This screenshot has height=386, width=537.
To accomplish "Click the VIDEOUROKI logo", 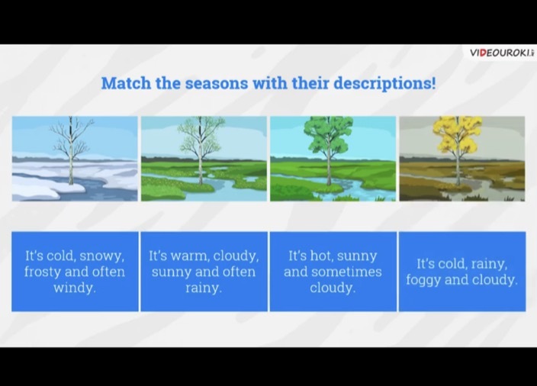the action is coord(502,53).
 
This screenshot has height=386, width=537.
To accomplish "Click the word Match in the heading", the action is coord(126,83).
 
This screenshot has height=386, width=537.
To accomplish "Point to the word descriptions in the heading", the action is coord(384,84).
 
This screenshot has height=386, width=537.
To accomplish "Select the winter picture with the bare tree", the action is coord(75,159).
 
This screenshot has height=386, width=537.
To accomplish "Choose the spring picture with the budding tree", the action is coord(204,159).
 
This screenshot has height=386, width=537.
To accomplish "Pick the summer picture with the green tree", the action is coord(333,159).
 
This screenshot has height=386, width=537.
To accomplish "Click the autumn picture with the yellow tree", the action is coord(462,159).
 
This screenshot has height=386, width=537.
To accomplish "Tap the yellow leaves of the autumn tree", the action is coord(458,134).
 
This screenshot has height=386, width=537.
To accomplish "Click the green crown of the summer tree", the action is coord(329,134).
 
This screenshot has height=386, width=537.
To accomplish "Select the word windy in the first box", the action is coord(75,288).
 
